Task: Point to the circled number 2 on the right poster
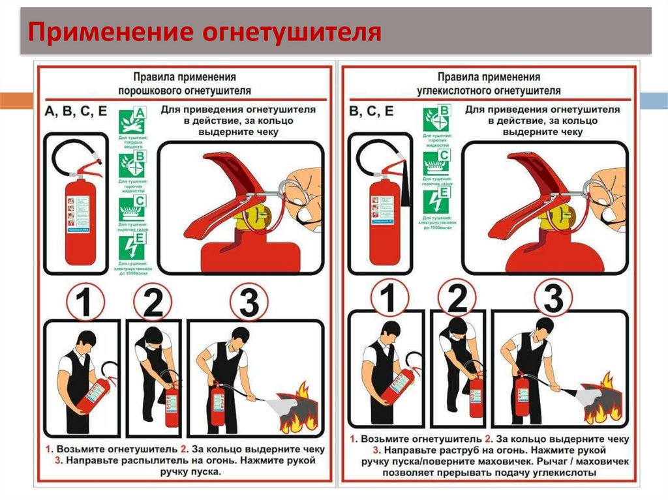tap(458, 300)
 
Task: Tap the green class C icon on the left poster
tap(132, 208)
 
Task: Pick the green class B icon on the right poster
tap(436, 118)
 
